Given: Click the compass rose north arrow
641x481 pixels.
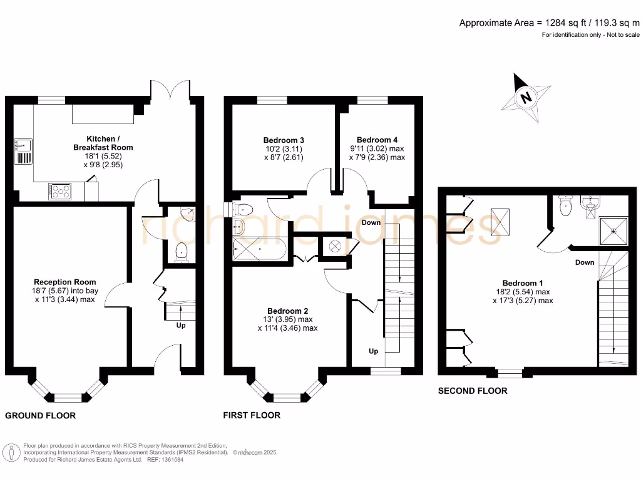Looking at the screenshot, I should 525,98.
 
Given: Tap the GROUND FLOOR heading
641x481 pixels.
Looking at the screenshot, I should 41,415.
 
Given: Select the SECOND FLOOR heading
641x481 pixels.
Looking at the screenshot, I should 473,391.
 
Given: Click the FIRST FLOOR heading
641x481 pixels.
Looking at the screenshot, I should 252,415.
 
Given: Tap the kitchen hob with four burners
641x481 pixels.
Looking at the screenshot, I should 60,190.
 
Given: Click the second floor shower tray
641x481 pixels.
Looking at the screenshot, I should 613,230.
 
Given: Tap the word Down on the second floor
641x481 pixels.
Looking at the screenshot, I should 585,262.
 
